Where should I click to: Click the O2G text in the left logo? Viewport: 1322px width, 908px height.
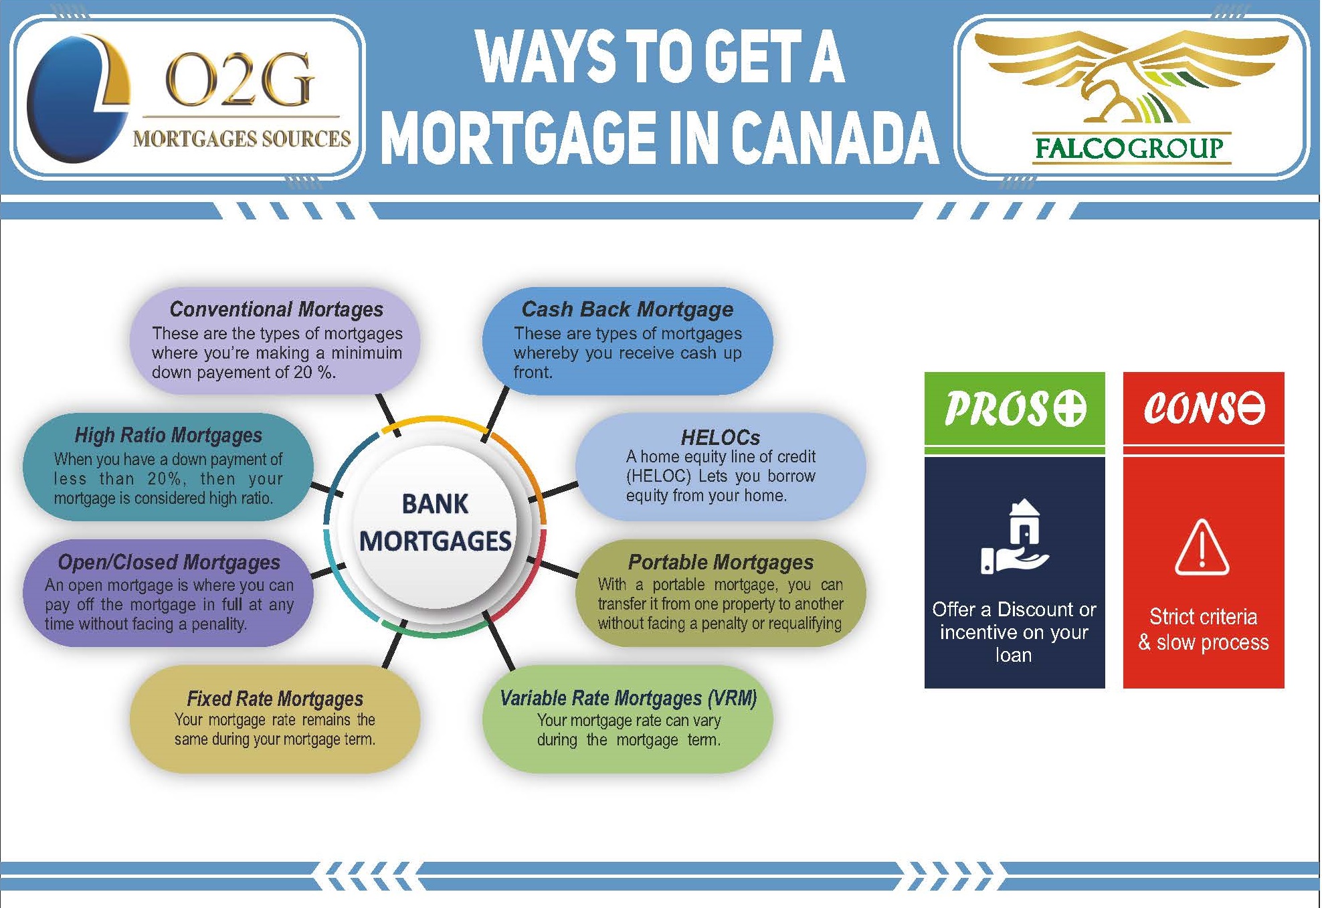(x=239, y=80)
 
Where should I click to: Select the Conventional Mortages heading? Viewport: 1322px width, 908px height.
(x=276, y=309)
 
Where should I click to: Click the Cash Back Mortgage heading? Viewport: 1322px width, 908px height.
(x=627, y=309)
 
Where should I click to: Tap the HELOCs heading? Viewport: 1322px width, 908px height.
(x=721, y=438)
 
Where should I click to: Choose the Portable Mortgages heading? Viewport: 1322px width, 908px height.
(x=721, y=562)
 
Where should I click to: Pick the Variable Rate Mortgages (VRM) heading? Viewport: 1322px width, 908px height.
(x=628, y=699)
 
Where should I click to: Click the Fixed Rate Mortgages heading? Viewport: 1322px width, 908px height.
(x=275, y=699)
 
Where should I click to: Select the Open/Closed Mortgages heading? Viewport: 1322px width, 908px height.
(x=169, y=562)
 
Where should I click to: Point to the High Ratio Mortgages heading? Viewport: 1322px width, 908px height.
(x=169, y=436)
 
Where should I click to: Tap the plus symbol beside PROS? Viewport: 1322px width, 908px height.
(x=1070, y=408)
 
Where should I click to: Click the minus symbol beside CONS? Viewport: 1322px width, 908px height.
(x=1248, y=407)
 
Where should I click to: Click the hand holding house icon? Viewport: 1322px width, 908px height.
(x=1015, y=537)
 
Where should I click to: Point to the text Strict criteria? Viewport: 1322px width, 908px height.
(x=1203, y=616)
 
